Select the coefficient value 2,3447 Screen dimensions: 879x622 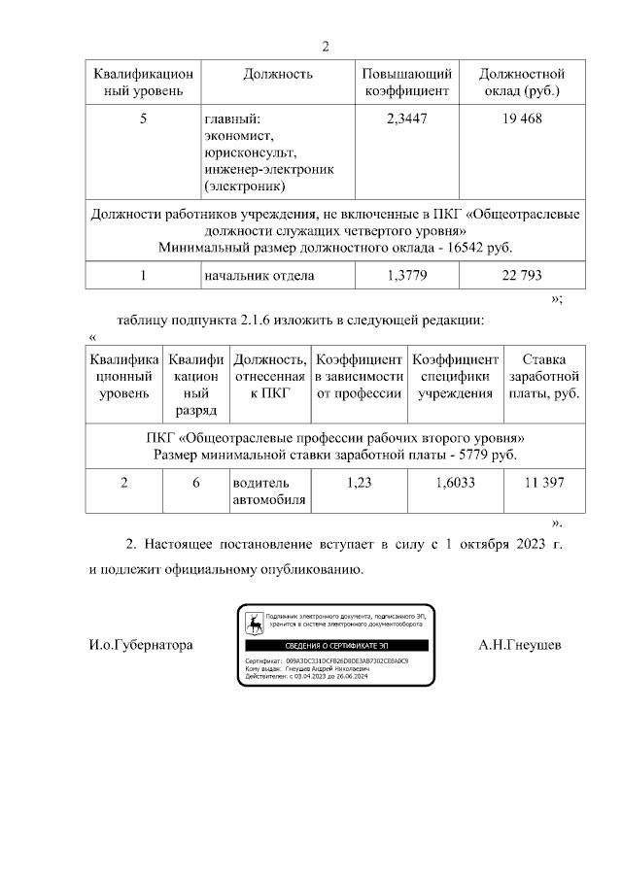[407, 118]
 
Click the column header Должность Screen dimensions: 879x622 [277, 74]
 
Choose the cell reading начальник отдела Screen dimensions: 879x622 [259, 275]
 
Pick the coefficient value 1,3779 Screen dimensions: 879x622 [407, 275]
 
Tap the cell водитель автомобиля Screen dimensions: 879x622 [268, 491]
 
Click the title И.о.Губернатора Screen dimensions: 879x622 [141, 645]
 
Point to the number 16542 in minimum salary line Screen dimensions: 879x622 [457, 247]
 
